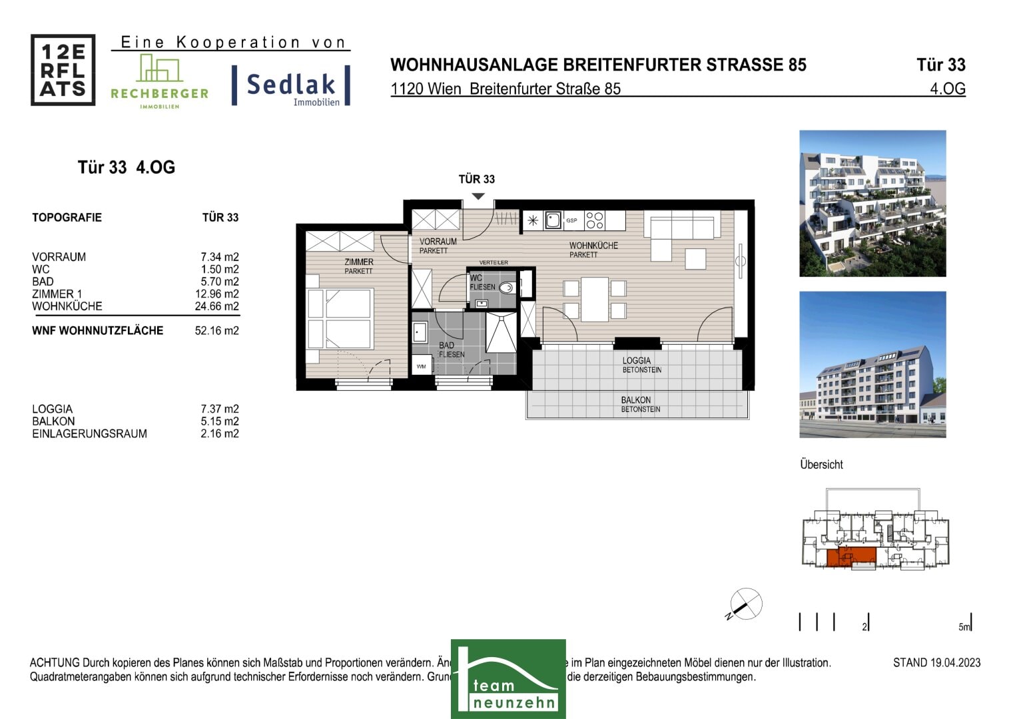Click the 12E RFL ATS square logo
tap(63, 70)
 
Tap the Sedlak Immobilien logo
tap(291, 86)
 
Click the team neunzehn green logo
tap(508, 679)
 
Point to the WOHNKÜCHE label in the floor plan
tap(593, 246)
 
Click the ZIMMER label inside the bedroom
tap(358, 262)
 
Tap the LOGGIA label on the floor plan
tap(637, 361)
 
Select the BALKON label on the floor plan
tap(636, 400)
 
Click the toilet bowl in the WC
tap(507, 288)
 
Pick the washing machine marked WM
tap(422, 366)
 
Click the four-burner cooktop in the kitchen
tap(595, 220)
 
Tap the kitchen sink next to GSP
tap(553, 220)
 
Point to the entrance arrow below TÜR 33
tap(478, 196)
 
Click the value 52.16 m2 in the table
tap(216, 331)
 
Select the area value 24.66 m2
tap(216, 306)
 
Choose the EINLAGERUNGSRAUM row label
tap(89, 434)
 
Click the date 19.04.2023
tap(955, 662)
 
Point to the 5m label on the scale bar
tap(964, 627)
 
